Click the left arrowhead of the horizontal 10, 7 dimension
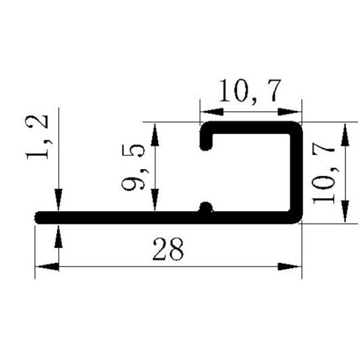211,112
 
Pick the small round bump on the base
206,208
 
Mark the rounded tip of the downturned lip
206,145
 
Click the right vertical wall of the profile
296,171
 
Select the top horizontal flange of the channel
252,127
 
